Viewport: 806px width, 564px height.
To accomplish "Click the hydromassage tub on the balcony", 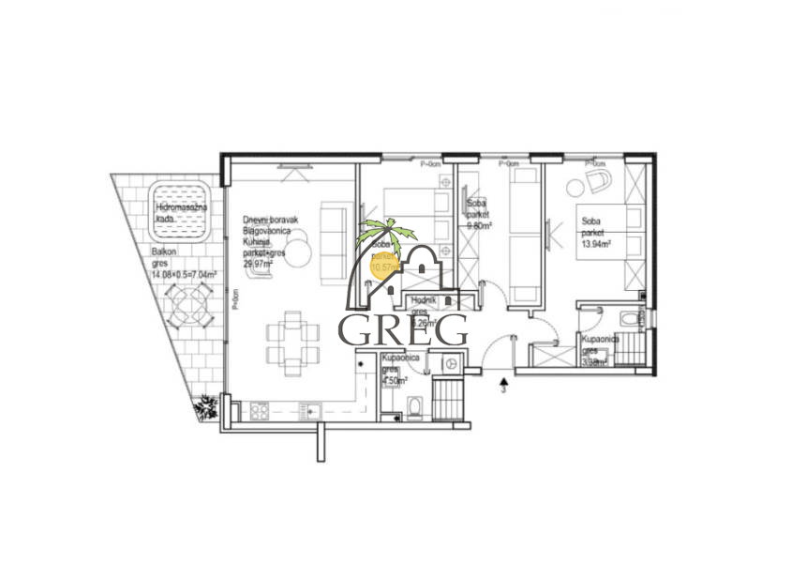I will pyautogui.click(x=182, y=213).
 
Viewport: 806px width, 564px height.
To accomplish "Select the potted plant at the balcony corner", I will pyautogui.click(x=206, y=407).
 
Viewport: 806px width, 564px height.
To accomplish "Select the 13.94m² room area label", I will pyautogui.click(x=595, y=243).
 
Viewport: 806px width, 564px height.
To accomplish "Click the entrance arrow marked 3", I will pyautogui.click(x=504, y=383).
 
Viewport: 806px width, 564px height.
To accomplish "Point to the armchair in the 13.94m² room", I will pyautogui.click(x=594, y=180).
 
